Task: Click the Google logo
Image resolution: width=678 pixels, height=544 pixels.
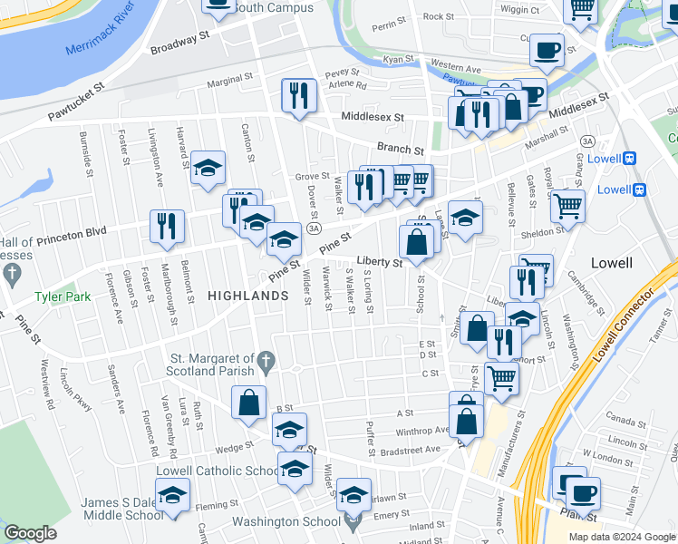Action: point(30,534)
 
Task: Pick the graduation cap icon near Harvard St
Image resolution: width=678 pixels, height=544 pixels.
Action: point(208,168)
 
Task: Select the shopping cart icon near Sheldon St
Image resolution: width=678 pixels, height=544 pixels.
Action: point(567,206)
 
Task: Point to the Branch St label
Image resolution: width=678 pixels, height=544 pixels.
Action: point(400,150)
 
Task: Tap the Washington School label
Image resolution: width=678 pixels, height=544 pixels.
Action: point(284,521)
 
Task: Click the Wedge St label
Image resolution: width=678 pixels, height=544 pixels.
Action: point(233,446)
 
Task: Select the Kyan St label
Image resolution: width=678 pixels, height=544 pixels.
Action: point(398,59)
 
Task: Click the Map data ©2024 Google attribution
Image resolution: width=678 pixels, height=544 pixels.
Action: point(621,536)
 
